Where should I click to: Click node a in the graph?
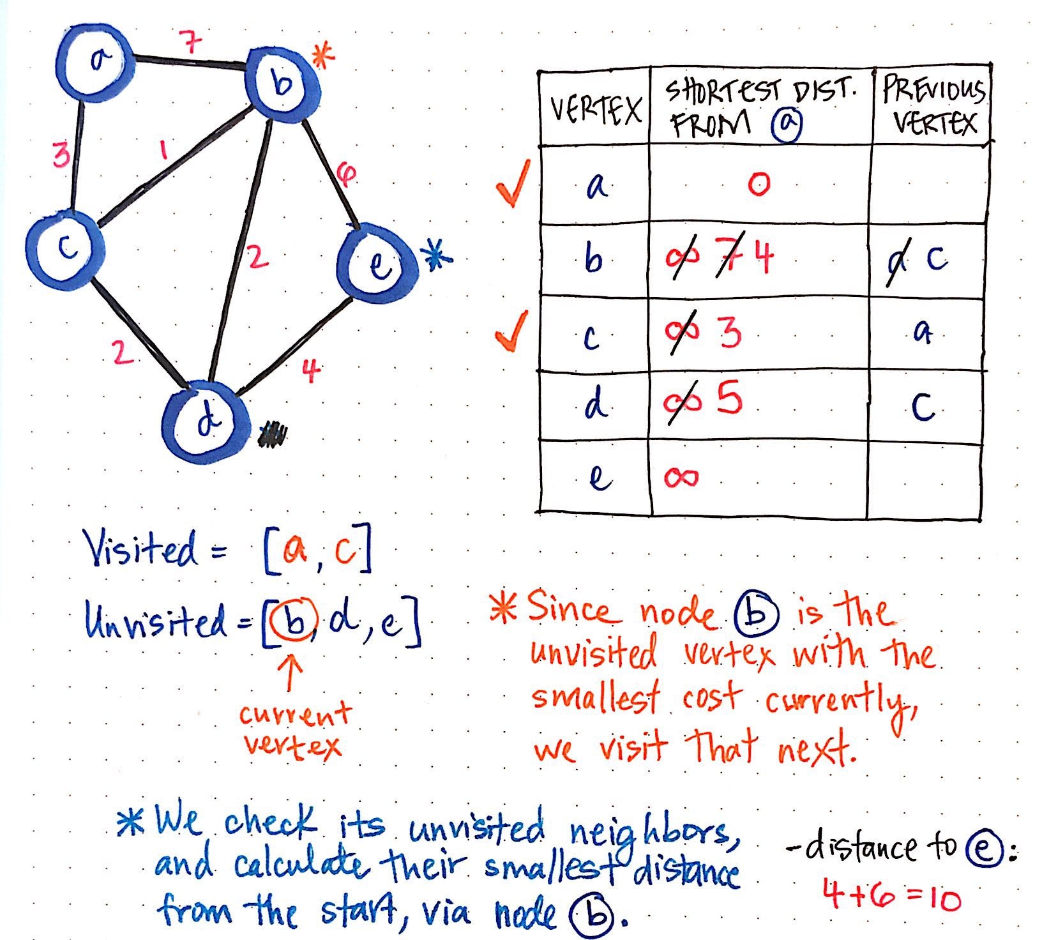[x=99, y=61]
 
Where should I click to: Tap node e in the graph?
[x=378, y=262]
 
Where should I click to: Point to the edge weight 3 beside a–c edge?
[x=61, y=155]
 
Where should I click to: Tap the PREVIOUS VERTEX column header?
[x=933, y=107]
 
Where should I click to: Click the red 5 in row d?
[x=729, y=401]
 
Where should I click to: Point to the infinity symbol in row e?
[x=681, y=477]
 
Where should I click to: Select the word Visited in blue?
[x=141, y=549]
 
